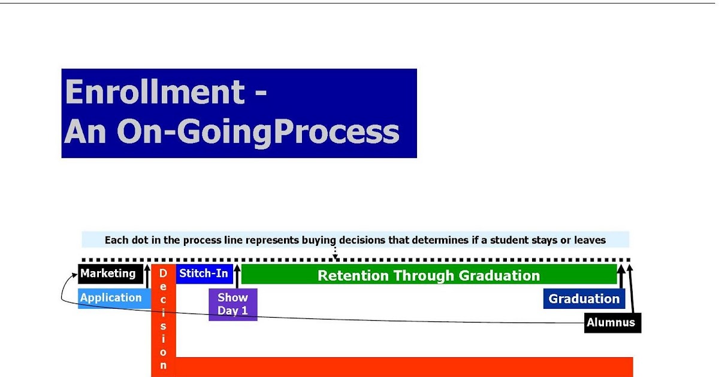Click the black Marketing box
(110, 274)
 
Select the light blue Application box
(114, 299)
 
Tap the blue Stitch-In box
(204, 274)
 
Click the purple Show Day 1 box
(233, 305)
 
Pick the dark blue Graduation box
(584, 299)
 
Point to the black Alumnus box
(612, 323)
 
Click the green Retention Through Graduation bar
(429, 274)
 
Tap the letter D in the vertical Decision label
(163, 273)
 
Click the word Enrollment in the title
(155, 92)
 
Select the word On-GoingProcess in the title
(258, 132)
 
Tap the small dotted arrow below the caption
(335, 253)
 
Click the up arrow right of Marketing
(147, 276)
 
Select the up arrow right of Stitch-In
(237, 276)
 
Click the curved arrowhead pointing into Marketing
(75, 275)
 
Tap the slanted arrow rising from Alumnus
(631, 289)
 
